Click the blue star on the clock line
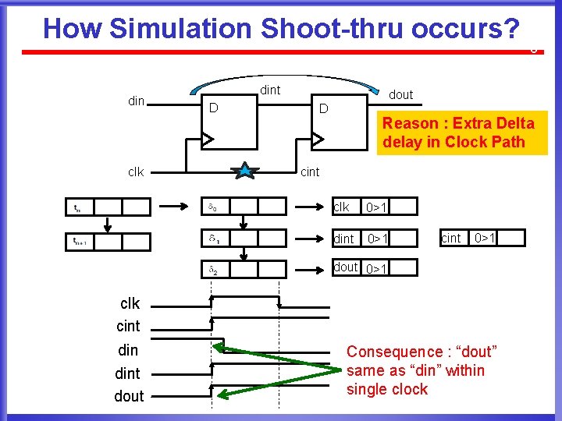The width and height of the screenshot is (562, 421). (x=246, y=171)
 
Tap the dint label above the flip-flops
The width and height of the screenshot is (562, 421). (x=270, y=90)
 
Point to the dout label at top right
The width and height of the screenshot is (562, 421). (x=400, y=94)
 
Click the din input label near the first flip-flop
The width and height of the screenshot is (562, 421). (x=136, y=101)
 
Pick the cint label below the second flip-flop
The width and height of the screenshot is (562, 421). (x=310, y=172)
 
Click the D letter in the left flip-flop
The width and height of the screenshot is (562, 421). (x=213, y=107)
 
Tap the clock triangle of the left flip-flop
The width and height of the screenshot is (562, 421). (x=208, y=139)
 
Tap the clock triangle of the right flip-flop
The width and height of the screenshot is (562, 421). (x=317, y=139)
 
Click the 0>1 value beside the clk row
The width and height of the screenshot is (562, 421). (x=377, y=207)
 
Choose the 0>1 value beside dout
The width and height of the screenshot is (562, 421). (x=377, y=268)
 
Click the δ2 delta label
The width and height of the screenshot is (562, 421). (x=213, y=270)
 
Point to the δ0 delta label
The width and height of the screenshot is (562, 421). (x=213, y=207)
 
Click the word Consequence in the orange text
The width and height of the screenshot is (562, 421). (x=394, y=352)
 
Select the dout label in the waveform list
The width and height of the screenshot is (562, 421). (x=129, y=396)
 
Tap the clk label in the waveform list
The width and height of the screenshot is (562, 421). (x=130, y=303)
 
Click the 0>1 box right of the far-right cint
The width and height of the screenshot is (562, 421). (x=485, y=237)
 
